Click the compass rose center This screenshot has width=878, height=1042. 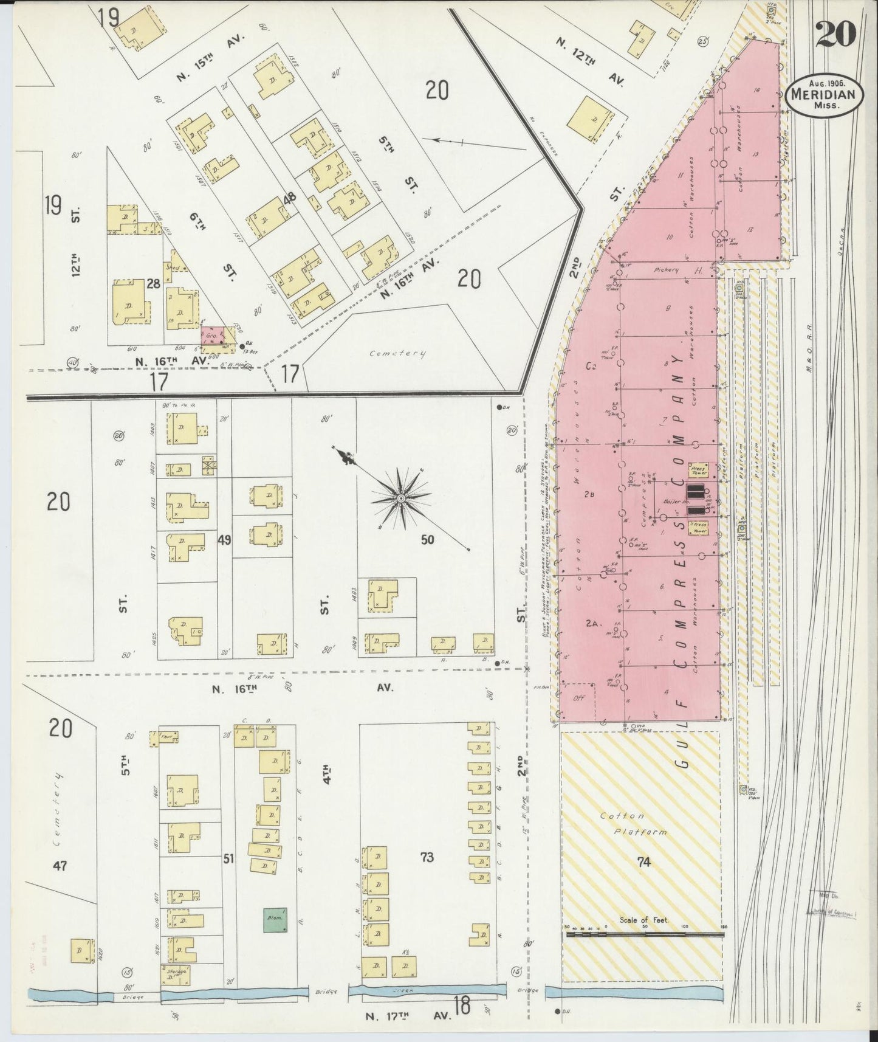(x=401, y=499)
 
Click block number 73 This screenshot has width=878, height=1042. (x=427, y=857)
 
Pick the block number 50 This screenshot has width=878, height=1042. (x=428, y=539)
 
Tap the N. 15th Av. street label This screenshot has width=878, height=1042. (x=210, y=58)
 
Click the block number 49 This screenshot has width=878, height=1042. (x=224, y=539)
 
